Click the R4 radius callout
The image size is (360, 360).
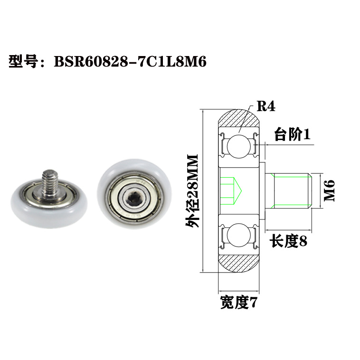click(x=266, y=106)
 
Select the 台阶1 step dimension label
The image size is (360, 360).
click(x=292, y=135)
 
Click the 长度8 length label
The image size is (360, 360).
click(x=288, y=241)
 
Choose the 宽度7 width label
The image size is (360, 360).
click(x=238, y=303)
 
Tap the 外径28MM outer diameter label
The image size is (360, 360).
click(x=192, y=191)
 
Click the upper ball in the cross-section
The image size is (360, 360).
click(x=237, y=145)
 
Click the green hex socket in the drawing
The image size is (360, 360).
click(x=233, y=190)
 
